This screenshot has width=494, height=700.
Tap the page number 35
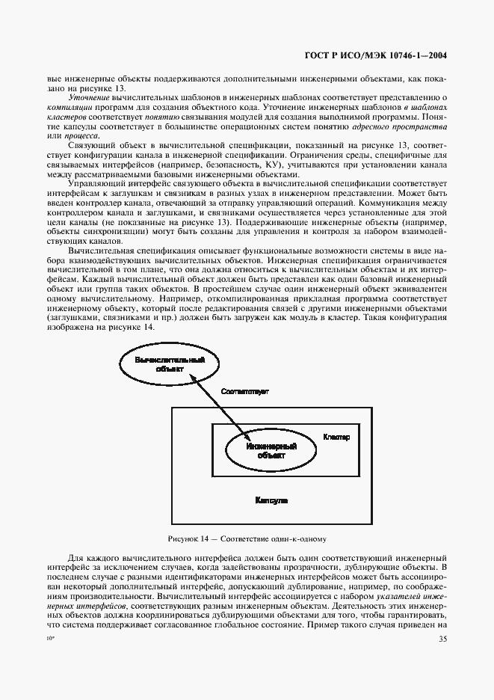442,618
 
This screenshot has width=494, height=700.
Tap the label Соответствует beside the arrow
244,392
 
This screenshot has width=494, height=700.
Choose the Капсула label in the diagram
271,499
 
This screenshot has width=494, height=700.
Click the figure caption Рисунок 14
247,538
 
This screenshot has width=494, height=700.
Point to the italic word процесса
78,136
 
